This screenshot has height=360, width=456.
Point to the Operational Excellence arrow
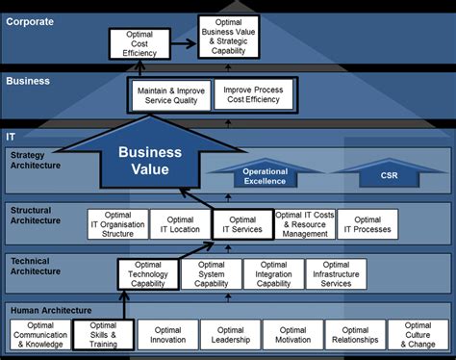pos(265,176)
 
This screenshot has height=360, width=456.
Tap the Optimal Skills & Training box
pos(103,334)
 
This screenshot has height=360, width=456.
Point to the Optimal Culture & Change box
pos(418,334)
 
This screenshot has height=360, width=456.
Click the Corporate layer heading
pos(31,20)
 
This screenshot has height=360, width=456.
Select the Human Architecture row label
pos(50,310)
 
